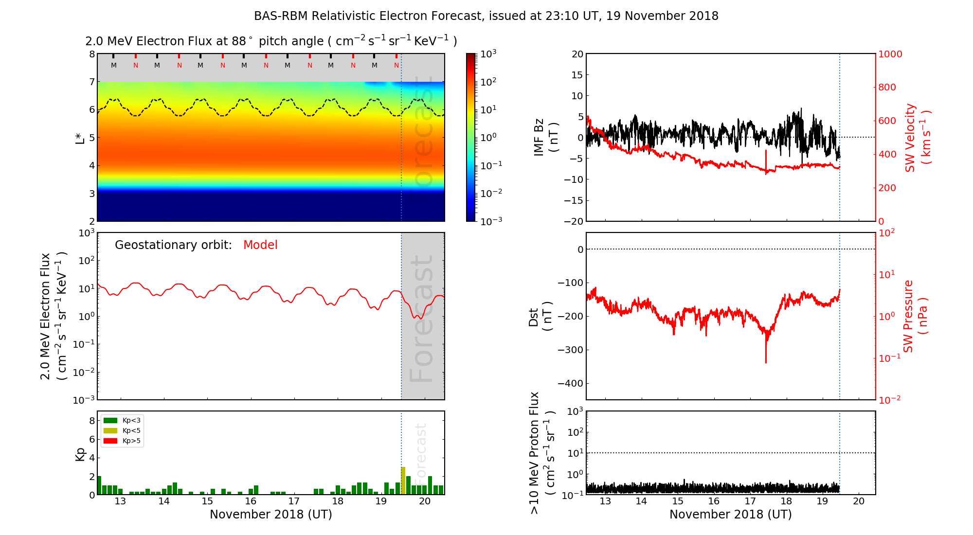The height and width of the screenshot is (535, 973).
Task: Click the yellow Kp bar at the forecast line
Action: click(403, 481)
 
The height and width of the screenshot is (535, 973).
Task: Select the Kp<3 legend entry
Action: click(122, 420)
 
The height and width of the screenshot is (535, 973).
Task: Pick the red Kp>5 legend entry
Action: click(122, 441)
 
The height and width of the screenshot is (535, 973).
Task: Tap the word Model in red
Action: click(260, 245)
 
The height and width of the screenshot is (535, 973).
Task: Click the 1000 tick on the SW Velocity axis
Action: click(890, 54)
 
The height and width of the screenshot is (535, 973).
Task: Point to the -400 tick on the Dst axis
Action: click(570, 383)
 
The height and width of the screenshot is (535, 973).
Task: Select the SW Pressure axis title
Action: click(915, 316)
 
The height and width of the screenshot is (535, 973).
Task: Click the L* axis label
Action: click(80, 137)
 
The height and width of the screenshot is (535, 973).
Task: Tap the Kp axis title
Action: click(80, 453)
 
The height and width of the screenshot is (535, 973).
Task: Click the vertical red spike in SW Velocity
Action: click(766, 158)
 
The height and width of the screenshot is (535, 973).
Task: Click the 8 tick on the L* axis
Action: click(91, 54)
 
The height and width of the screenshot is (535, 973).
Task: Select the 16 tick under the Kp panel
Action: click(251, 501)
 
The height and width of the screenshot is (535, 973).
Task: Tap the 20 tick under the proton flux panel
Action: click(859, 501)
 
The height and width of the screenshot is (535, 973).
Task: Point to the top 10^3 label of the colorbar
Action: click(488, 53)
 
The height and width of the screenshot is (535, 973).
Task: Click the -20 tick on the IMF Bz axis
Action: click(575, 221)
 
